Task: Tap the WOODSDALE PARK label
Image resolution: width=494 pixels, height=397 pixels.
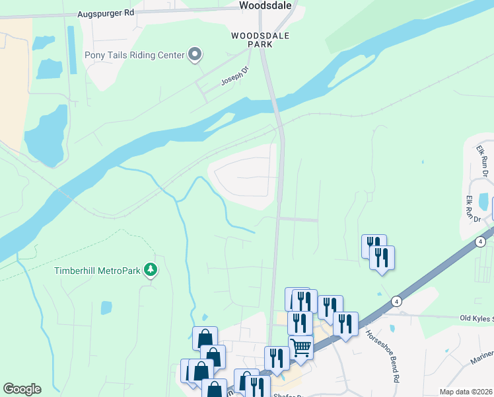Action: coord(251,39)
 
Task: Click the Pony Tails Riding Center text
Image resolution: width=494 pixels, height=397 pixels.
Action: coord(134,56)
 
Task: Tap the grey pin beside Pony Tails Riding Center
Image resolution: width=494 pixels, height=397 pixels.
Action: coord(195,55)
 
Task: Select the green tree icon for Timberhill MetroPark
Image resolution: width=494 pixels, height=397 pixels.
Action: coord(151,269)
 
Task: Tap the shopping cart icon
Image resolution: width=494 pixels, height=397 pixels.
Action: coord(300,345)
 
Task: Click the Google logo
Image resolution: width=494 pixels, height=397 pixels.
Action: coord(22,389)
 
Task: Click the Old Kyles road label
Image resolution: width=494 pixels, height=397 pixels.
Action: coord(476,318)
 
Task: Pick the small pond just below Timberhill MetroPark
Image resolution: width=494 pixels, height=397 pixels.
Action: coord(106,308)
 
